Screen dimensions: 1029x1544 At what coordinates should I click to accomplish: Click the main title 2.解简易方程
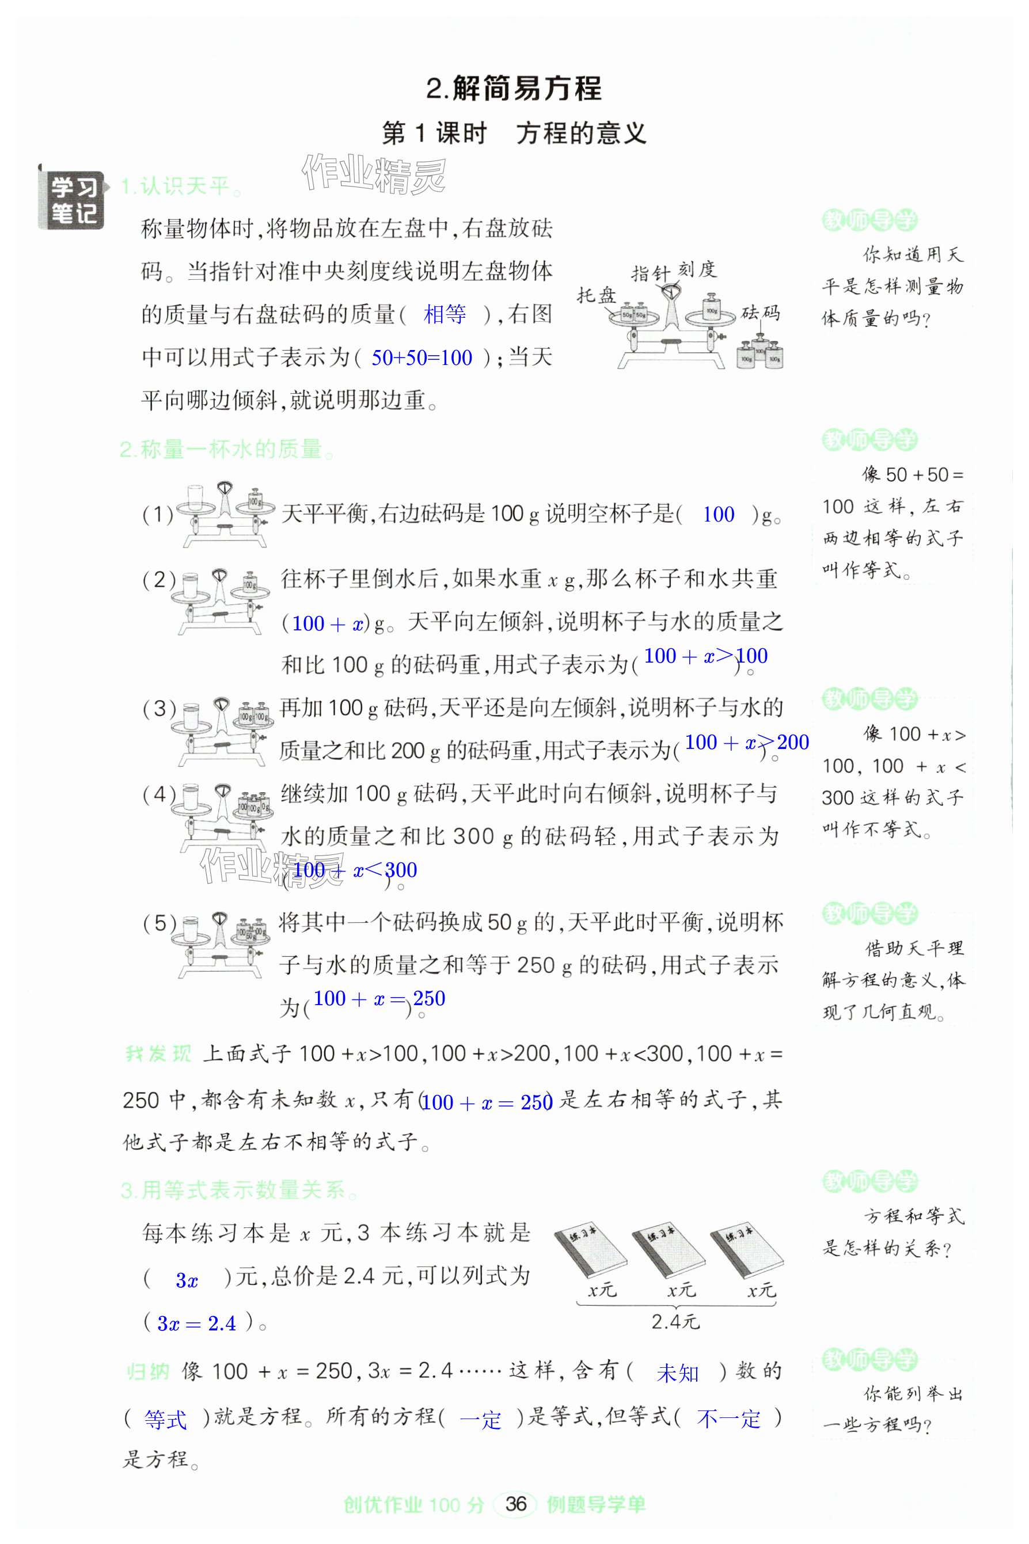pos(514,89)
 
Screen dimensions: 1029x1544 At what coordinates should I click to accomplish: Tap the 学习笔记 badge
pos(72,201)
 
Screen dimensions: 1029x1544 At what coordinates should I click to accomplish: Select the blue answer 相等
pos(445,315)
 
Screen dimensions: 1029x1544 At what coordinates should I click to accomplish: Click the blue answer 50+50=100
pos(422,358)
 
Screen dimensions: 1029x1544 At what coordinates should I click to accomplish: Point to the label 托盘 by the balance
pos(595,296)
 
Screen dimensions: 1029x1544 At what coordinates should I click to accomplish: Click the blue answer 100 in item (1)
pos(718,514)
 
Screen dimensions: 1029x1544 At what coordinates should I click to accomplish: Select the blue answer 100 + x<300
pos(354,870)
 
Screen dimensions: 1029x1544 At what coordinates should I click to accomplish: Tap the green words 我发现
pos(158,1054)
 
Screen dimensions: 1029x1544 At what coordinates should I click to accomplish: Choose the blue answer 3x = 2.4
pos(196,1323)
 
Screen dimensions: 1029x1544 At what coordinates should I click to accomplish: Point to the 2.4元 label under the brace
pos(675,1322)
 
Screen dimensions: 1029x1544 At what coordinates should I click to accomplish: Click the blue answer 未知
pos(677,1373)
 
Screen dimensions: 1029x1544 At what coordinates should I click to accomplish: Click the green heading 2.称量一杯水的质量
pos(227,450)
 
